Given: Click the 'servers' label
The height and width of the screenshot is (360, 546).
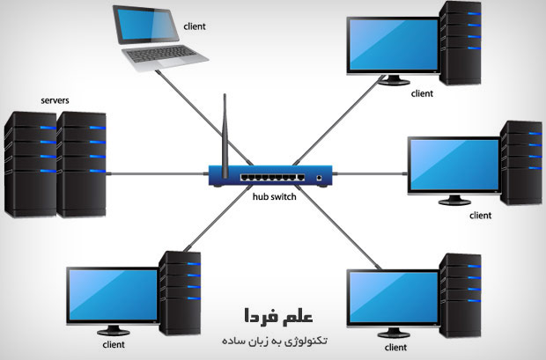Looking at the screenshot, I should pos(55,101).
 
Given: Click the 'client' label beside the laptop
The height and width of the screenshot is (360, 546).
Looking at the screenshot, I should pos(195,26).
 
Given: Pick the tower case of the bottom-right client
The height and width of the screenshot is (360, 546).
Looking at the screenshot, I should pos(461,295).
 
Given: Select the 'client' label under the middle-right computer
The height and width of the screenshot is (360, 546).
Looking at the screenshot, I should pos(480,214).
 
